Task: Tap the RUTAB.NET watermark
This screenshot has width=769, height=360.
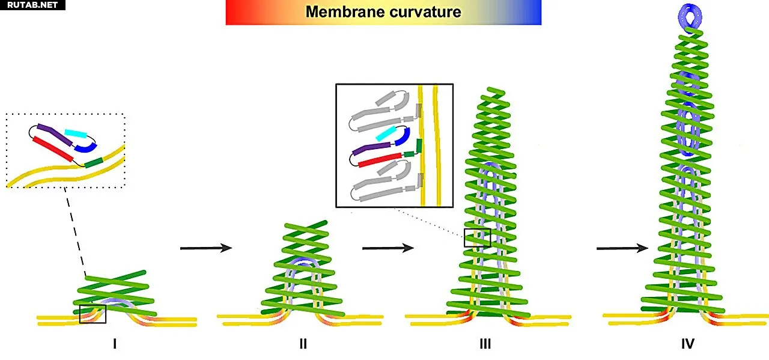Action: click(32, 5)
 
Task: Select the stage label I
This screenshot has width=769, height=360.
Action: click(115, 344)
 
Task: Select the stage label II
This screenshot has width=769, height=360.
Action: click(303, 344)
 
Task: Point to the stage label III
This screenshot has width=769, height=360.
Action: click(485, 344)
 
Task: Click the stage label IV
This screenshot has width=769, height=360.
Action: click(688, 344)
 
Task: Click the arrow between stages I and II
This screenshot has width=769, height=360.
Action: click(206, 248)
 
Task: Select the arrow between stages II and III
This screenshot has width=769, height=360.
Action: click(388, 248)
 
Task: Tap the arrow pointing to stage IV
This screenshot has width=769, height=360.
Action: click(622, 248)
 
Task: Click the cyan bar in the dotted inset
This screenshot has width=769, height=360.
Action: click(76, 133)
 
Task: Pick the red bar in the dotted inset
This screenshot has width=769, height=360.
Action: click(53, 149)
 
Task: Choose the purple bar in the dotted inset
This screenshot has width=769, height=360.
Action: click(55, 134)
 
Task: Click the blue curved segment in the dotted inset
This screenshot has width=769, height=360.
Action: click(86, 148)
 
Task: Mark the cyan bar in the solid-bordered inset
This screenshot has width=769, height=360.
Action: click(386, 133)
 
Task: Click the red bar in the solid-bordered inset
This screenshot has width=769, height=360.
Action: click(379, 160)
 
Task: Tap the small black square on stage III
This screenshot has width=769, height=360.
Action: click(477, 238)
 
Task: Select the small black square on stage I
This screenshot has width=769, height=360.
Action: click(93, 314)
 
